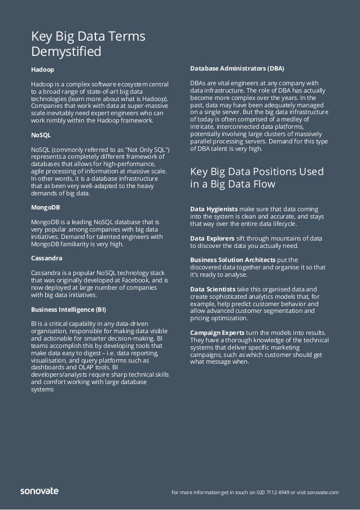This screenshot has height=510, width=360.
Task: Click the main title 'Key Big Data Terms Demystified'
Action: point(88,45)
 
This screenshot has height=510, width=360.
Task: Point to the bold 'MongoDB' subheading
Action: point(45,207)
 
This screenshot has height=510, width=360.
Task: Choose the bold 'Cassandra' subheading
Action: point(46,258)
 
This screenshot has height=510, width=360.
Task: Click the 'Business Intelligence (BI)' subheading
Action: point(68,308)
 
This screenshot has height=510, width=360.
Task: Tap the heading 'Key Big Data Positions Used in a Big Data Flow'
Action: point(256,177)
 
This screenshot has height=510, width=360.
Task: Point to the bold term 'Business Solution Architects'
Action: point(233,260)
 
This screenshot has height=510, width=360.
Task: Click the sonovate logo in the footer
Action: point(39,491)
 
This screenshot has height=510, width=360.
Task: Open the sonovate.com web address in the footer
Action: point(321,492)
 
